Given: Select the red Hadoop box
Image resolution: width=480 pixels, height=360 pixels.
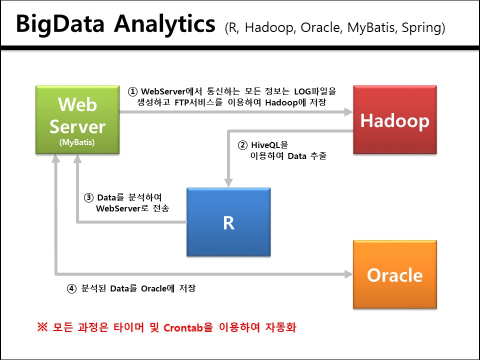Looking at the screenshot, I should point(394,120).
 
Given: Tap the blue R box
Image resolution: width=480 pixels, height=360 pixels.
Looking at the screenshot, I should point(228,222).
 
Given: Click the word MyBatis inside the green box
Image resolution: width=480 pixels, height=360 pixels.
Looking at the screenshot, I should point(77,142).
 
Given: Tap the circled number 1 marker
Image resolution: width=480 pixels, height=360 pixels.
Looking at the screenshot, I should point(132,91).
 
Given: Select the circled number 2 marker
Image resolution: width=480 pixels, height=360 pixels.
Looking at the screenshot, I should point(242,145).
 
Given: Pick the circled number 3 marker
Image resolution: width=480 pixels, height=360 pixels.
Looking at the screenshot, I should point(88,197).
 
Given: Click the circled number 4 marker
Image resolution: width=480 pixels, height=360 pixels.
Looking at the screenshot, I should point(72,288).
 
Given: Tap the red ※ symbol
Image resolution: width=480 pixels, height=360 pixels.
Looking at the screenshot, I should point(42,328).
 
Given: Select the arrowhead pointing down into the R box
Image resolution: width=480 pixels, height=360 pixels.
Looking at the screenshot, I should point(228,182).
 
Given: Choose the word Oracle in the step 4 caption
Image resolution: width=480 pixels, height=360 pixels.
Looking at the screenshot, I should point(155,288).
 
